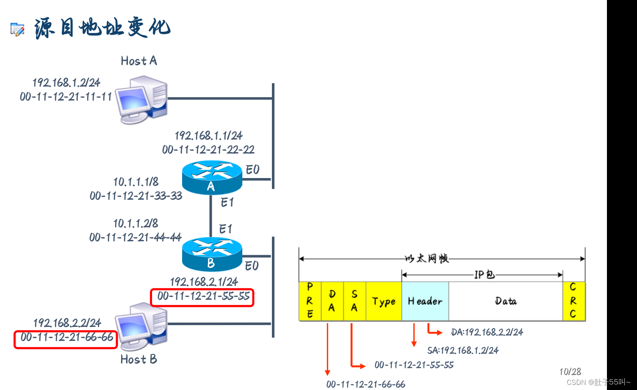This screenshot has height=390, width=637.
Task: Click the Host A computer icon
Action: pyautogui.click(x=142, y=99)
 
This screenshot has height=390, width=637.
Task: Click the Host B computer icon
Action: pyautogui.click(x=142, y=326)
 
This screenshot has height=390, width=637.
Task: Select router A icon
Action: pyautogui.click(x=212, y=177)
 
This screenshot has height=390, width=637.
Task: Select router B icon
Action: pyautogui.click(x=212, y=254)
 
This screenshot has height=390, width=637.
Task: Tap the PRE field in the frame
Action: pyautogui.click(x=310, y=301)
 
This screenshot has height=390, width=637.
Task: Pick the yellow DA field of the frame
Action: pyautogui.click(x=332, y=301)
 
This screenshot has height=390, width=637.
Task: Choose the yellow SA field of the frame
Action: pyautogui.click(x=355, y=301)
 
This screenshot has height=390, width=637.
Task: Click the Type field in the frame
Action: pyautogui.click(x=384, y=301)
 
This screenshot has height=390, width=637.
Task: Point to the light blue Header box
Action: pyautogui.click(x=425, y=301)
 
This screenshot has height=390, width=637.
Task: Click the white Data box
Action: pyautogui.click(x=506, y=301)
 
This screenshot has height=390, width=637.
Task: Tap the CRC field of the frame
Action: pyautogui.click(x=573, y=301)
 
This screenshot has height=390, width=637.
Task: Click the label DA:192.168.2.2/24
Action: pyautogui.click(x=487, y=332)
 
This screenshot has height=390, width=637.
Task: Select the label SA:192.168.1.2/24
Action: pyautogui.click(x=463, y=350)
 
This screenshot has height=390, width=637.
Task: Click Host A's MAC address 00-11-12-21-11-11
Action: pyautogui.click(x=66, y=97)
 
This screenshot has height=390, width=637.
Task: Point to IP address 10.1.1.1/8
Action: pyautogui.click(x=136, y=182)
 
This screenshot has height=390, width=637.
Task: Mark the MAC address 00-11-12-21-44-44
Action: pyautogui.click(x=136, y=237)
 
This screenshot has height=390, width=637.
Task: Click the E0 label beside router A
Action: pyautogui.click(x=252, y=170)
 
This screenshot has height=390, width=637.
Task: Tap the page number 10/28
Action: pyautogui.click(x=570, y=372)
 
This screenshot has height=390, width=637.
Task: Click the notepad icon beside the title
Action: pyautogui.click(x=17, y=29)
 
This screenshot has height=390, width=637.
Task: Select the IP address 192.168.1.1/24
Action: pyautogui.click(x=208, y=136)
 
